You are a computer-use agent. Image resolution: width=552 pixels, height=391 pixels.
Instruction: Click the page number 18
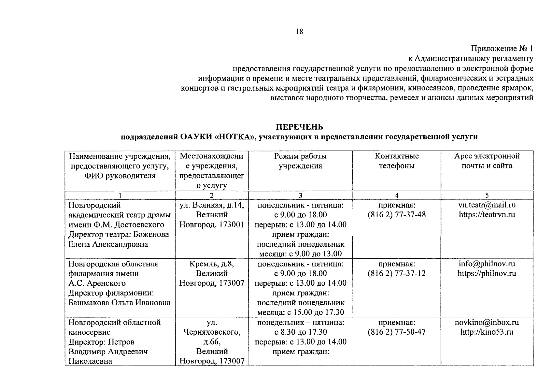[299, 32]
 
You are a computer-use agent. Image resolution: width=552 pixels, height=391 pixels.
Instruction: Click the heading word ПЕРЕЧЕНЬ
[299, 127]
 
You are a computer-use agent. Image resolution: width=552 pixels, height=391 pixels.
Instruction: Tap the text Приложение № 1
[502, 49]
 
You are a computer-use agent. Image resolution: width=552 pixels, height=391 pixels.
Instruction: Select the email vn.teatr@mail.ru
[487, 205]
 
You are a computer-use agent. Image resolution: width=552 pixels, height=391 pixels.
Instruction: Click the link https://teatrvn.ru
[487, 215]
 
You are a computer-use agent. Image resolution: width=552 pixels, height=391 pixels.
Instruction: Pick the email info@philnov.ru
[487, 264]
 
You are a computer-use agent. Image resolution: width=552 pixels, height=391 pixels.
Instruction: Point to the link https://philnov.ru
[487, 273]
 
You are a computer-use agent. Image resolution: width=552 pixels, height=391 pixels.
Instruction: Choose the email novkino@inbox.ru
[487, 322]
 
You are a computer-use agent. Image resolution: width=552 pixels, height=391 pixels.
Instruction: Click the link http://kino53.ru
[487, 332]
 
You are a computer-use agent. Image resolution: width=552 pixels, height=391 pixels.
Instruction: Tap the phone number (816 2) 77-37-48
[396, 215]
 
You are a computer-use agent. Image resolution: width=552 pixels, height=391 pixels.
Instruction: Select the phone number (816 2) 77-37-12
[396, 273]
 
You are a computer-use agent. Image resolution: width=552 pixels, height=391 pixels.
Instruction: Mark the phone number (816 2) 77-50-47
[396, 332]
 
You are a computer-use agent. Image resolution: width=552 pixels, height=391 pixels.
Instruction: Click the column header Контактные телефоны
[396, 161]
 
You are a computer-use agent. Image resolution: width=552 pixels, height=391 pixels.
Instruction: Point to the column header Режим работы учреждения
[300, 161]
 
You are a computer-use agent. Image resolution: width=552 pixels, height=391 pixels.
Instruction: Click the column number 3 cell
[300, 195]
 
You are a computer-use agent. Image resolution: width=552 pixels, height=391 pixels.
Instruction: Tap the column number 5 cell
[487, 195]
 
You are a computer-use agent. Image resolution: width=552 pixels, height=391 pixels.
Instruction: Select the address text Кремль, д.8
[212, 264]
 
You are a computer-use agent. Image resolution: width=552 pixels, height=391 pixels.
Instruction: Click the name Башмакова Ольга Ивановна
[119, 303]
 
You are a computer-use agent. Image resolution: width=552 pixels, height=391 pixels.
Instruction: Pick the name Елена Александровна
[108, 244]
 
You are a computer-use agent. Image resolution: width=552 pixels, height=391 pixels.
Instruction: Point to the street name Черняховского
[212, 332]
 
